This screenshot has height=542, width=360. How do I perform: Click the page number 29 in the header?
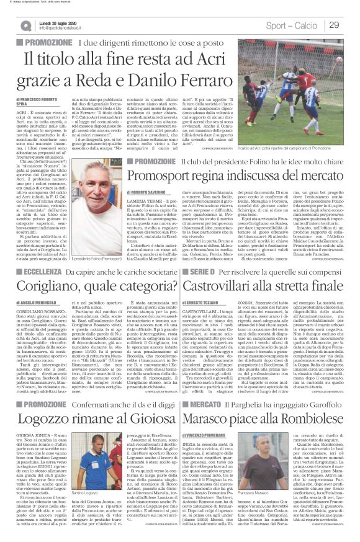(335, 25)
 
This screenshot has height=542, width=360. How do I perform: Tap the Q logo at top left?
(25, 25)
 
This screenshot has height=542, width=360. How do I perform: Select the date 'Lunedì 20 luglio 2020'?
(62, 22)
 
